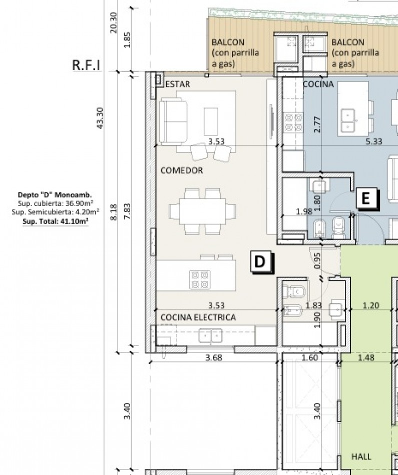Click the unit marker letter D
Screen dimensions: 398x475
260,261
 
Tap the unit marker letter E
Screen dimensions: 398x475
366,198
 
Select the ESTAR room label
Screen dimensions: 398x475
178,84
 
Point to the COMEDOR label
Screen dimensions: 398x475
181,170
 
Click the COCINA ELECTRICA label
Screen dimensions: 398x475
198,317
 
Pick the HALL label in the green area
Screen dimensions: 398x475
361,456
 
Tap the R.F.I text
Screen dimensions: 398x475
86,65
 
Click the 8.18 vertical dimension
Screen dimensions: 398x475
113,212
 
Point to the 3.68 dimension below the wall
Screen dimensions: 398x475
214,357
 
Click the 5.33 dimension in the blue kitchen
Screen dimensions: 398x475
374,141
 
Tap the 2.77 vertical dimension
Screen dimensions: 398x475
317,124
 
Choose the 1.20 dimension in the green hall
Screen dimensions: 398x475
371,305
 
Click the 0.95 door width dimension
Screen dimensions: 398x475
317,260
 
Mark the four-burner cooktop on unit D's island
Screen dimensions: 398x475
200,279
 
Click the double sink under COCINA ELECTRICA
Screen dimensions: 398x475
211,336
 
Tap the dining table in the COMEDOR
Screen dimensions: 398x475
202,211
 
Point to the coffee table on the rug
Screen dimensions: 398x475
211,121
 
